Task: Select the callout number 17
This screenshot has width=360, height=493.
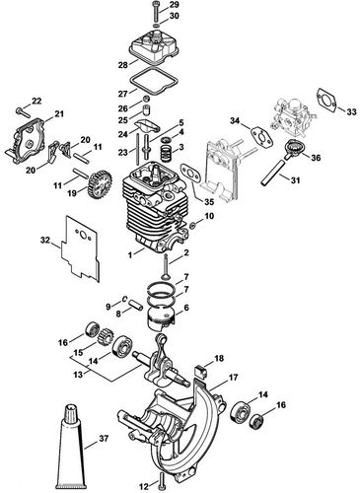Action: [x=234, y=378]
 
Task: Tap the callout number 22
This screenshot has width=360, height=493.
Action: [x=37, y=102]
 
